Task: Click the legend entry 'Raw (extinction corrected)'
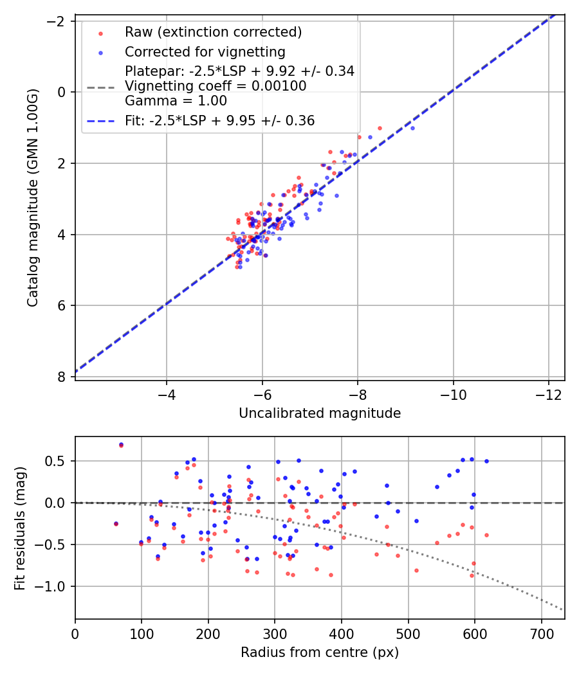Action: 213,32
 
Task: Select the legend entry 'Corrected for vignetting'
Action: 205,51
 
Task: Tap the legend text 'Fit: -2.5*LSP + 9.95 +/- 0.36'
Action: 219,121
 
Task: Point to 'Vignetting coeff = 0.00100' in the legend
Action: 216,86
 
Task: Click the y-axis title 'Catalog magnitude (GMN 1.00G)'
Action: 33,197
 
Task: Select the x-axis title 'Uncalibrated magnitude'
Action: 320,413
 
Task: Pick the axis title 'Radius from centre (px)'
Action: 320,652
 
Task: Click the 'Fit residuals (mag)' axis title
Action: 20,527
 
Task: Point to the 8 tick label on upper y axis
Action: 62,377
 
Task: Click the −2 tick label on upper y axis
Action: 56,21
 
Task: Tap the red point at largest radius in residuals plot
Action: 486,535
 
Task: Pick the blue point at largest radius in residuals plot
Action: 486,461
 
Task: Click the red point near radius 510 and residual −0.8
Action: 416,570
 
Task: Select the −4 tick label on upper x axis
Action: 167,393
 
